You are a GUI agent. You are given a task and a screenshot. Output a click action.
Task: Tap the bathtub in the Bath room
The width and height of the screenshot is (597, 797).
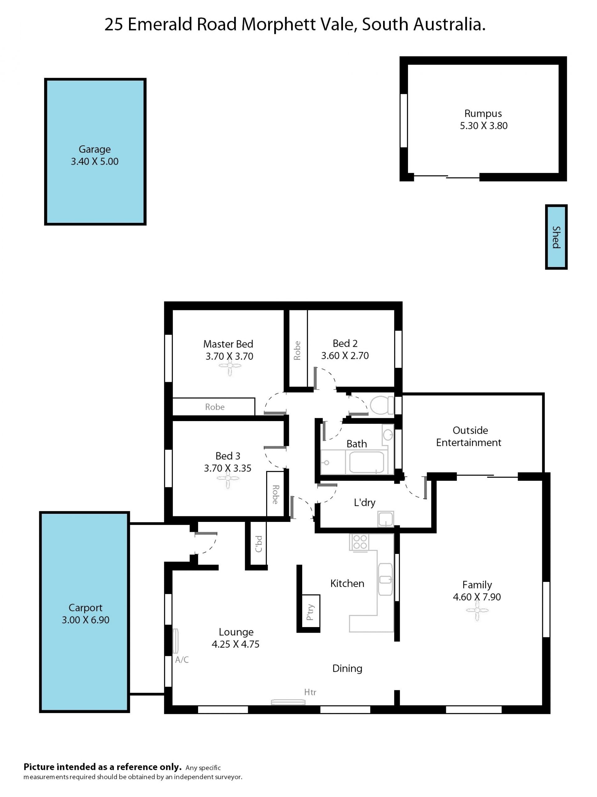pos(366,462)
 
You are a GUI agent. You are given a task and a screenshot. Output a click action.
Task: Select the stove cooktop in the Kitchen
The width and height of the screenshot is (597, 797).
pos(359,542)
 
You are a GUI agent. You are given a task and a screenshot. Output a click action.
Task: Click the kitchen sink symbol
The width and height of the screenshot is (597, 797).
pos(385,579)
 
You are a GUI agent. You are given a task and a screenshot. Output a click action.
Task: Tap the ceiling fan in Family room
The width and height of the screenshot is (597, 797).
pos(477,610)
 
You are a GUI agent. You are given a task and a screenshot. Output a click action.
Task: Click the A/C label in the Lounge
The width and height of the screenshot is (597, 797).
pos(182,660)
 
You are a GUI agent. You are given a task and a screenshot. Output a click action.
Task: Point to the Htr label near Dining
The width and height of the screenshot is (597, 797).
pos(310,692)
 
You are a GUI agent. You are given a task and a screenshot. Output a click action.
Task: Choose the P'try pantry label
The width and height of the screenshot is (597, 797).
pos(310,612)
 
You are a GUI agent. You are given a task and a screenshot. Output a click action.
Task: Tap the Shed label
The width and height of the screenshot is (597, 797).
pos(556,237)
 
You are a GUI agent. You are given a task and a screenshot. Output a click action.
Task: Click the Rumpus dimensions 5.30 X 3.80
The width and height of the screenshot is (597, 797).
pos(484,126)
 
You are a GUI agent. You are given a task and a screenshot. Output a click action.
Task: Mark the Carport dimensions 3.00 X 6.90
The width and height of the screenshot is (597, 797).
pos(85,620)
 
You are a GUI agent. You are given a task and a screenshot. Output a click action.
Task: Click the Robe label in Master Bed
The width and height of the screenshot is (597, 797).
pos(215,407)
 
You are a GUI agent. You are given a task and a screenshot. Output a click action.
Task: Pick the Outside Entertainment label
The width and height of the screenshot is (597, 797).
pos(469,436)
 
